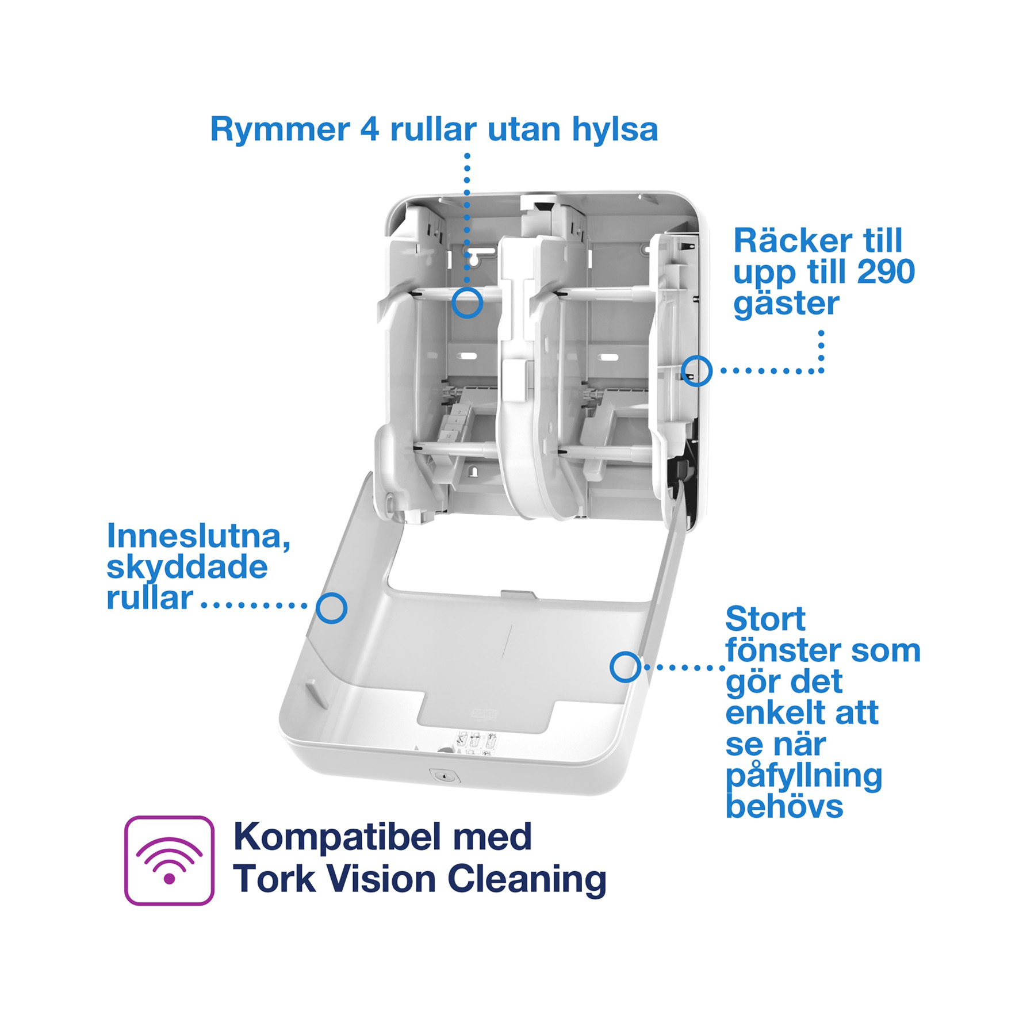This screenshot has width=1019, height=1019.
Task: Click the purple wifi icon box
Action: point(169,860)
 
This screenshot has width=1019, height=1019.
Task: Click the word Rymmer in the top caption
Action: point(279,129)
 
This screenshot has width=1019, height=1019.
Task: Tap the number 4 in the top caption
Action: point(369,129)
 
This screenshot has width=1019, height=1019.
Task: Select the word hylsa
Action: point(615,129)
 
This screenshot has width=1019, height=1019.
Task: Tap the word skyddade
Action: point(187,567)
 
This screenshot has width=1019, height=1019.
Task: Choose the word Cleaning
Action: point(527,879)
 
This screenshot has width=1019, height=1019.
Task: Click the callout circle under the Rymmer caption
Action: point(467,302)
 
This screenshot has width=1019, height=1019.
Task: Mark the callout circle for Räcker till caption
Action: point(696,370)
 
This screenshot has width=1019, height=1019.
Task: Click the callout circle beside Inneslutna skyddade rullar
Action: point(331,608)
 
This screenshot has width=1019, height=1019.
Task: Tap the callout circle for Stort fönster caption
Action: point(626,667)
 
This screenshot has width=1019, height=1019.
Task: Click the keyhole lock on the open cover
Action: point(445,776)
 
